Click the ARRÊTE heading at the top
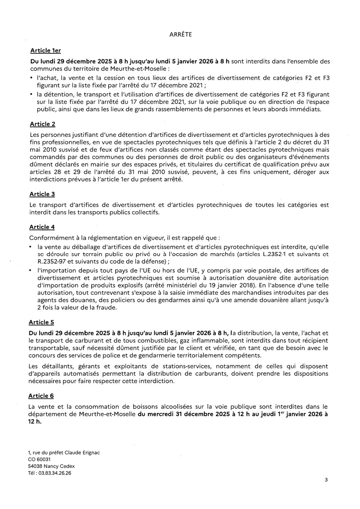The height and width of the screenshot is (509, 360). coord(180,34)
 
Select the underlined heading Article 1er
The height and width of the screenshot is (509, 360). coord(45,51)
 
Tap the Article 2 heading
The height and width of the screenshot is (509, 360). coord(43,124)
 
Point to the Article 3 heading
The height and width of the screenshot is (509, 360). coord(42,194)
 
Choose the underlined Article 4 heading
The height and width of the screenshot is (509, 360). coord(42,227)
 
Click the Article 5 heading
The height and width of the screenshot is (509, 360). coord(41,322)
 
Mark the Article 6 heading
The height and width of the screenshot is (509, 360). coord(41,396)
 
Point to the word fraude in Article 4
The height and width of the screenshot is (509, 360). coord(106,308)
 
